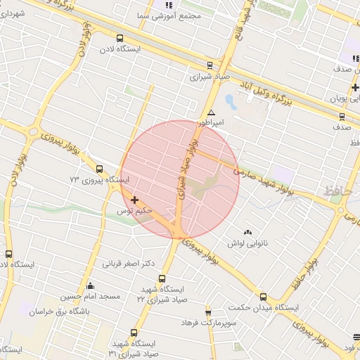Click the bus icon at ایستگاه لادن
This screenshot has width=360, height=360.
[119, 38]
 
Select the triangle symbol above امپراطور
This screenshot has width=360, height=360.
[211, 112]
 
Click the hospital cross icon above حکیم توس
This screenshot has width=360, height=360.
[134, 200]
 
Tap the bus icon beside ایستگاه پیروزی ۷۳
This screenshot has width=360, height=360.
[99, 169]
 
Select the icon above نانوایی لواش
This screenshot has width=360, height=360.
[247, 233]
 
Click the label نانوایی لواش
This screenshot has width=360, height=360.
[245, 243]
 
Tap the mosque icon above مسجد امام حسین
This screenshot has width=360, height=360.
[90, 286]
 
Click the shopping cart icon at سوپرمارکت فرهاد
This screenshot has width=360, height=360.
[208, 311]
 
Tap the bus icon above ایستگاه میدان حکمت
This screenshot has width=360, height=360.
[264, 297]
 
